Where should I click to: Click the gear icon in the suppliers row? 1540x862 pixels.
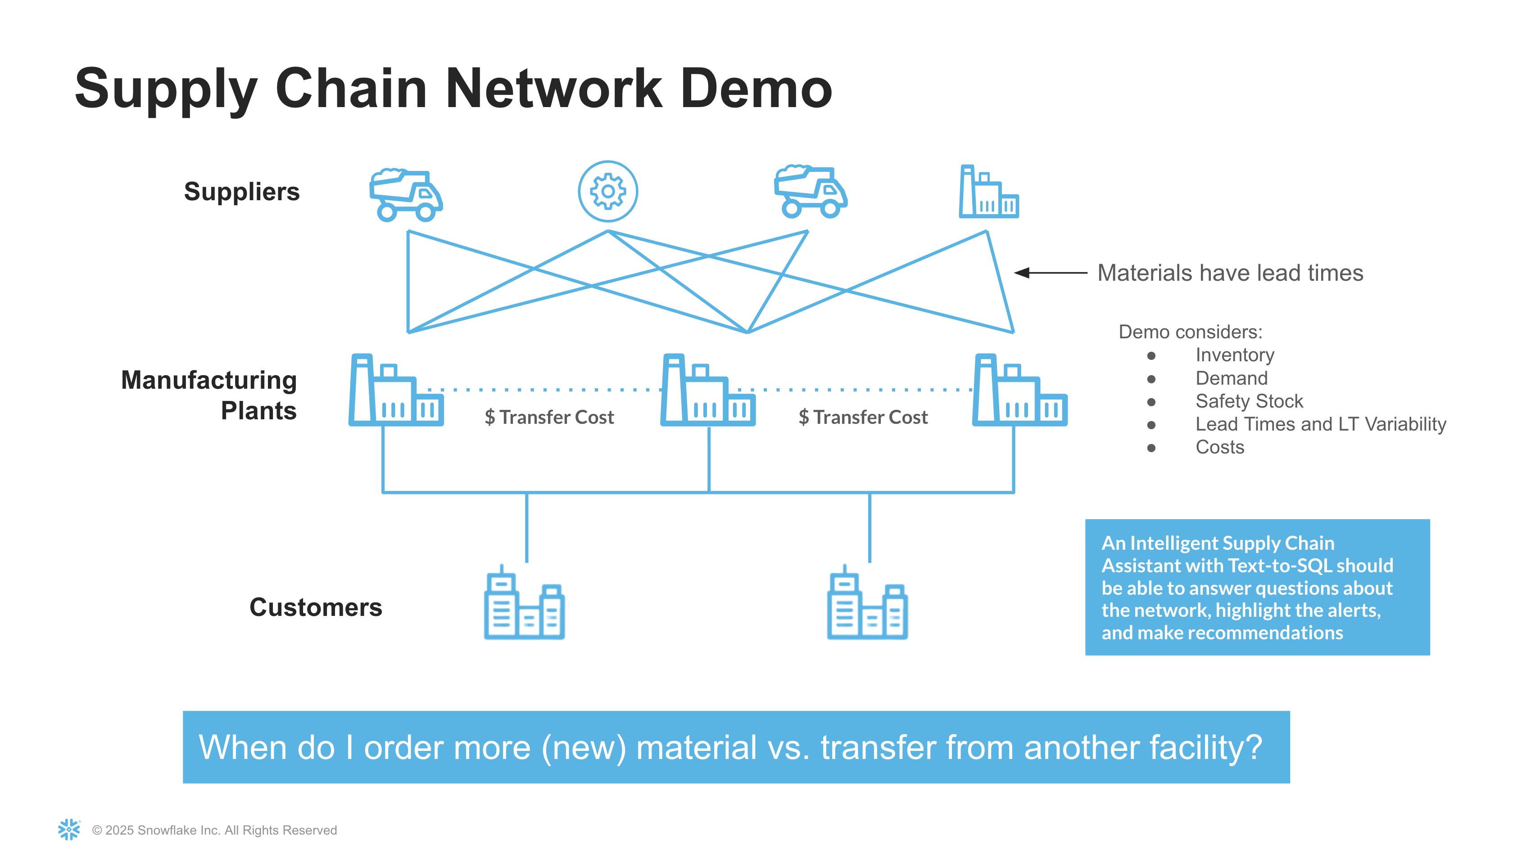tap(607, 191)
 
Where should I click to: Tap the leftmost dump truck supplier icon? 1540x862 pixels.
tap(406, 195)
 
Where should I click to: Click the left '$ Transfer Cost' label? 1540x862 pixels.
tap(549, 417)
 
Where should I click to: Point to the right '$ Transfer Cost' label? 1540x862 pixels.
tap(863, 417)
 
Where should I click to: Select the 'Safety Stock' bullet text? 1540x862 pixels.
tap(1249, 401)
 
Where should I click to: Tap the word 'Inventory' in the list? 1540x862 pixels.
tap(1235, 355)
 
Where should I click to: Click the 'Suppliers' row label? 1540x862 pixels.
tap(241, 192)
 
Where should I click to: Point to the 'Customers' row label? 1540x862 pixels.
tap(316, 607)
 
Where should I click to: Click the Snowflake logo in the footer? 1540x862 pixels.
tap(69, 829)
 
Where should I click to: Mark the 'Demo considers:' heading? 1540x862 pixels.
tap(1190, 332)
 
